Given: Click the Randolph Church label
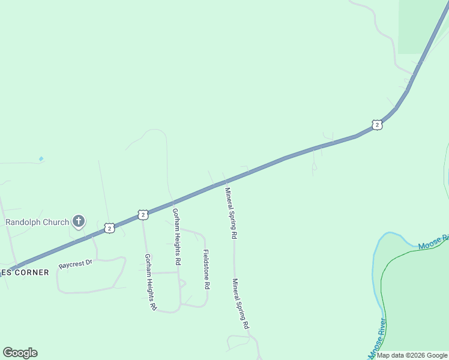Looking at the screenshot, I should (x=37, y=222).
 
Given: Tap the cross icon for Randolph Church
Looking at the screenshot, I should (x=78, y=222).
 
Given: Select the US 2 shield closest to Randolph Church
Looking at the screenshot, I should (x=109, y=228).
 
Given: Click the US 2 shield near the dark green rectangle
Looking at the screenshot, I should (x=376, y=125).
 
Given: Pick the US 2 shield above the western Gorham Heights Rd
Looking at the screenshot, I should (x=142, y=214).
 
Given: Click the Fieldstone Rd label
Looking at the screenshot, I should (x=206, y=269).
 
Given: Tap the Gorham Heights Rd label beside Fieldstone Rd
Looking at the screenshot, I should (x=176, y=237).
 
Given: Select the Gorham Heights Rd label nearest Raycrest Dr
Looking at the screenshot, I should (x=150, y=281).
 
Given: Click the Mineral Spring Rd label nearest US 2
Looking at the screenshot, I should (x=229, y=213).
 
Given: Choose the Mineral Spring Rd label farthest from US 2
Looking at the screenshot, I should (x=241, y=304).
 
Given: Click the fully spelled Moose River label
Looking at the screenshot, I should (x=378, y=339).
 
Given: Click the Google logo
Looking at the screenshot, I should (x=20, y=353).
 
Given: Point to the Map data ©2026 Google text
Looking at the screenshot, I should (x=412, y=355).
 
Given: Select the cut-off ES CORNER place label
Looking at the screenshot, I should (x=25, y=272).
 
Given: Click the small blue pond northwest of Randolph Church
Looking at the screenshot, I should (x=41, y=159).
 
